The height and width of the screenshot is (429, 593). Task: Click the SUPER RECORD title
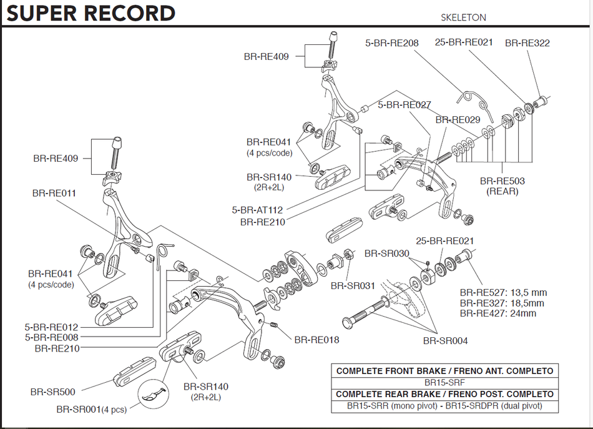(x=91, y=12)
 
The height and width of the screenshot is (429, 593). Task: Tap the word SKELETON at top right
(x=463, y=17)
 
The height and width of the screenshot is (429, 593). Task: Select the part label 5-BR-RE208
(x=391, y=43)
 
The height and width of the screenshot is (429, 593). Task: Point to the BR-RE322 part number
(x=527, y=43)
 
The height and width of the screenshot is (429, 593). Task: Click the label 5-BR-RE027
(x=404, y=105)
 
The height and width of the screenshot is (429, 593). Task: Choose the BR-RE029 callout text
(x=458, y=119)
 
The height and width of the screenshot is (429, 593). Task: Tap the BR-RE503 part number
(x=502, y=181)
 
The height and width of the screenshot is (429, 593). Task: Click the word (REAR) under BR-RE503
(x=502, y=191)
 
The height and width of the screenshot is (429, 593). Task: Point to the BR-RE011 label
(x=54, y=193)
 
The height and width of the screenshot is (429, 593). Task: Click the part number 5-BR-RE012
(x=51, y=327)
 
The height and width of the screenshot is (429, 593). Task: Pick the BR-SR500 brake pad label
(x=52, y=392)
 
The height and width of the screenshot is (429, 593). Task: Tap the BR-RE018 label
(x=317, y=340)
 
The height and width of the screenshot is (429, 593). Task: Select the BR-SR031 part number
(x=353, y=286)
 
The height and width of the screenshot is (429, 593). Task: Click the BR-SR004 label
(x=445, y=341)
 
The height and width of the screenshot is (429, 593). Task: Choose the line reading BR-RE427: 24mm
(x=497, y=313)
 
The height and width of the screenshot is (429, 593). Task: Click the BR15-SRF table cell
(x=444, y=382)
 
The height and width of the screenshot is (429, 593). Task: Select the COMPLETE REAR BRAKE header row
(x=444, y=394)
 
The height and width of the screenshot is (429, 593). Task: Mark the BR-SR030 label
(x=386, y=254)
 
